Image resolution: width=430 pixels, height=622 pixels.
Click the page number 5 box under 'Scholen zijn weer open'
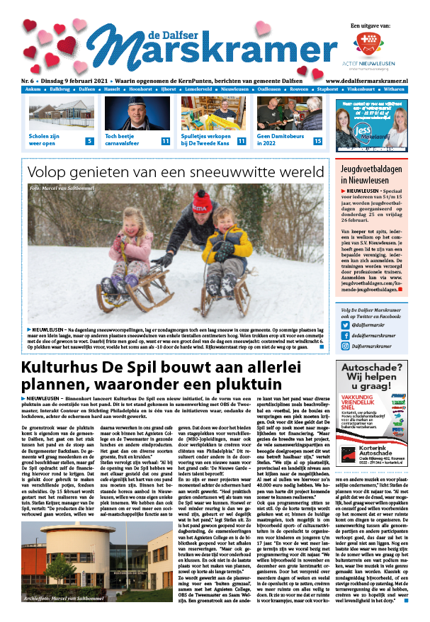[89, 142]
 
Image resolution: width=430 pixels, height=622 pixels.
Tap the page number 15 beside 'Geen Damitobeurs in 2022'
[317, 142]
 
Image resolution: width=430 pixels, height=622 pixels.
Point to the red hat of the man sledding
[202, 205]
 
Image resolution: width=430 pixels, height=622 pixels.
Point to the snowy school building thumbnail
[61, 113]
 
